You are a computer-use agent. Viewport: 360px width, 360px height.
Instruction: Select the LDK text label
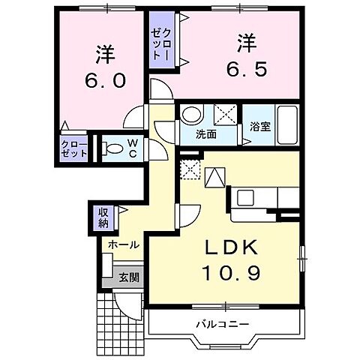point(229,248)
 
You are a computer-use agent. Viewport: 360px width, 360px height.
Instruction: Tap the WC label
point(131,148)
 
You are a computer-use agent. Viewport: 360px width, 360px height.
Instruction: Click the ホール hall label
point(122,245)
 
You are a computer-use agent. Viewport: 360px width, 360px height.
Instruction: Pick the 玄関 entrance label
point(128,277)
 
